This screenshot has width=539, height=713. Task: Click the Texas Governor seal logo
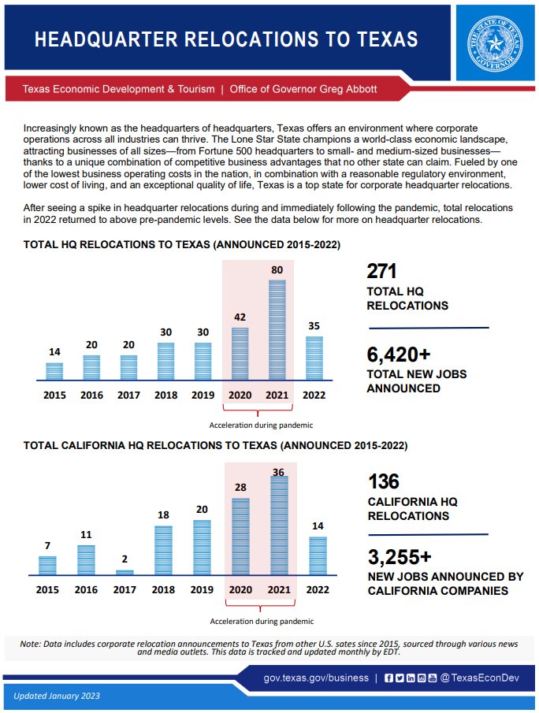496,39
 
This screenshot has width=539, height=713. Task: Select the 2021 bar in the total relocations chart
277,330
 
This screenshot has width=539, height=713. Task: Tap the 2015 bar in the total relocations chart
54,371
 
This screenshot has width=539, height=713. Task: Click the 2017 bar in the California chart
125,573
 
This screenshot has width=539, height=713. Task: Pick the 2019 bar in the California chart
203,548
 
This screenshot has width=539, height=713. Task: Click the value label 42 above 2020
240,318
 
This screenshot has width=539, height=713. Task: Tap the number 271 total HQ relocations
382,272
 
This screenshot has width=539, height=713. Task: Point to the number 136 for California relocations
384,481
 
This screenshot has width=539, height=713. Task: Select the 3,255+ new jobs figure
400,557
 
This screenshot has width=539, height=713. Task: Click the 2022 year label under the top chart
314,395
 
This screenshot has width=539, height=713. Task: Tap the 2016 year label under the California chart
86,589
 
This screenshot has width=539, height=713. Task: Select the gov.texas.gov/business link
316,678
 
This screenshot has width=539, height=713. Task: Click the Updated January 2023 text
57,696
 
